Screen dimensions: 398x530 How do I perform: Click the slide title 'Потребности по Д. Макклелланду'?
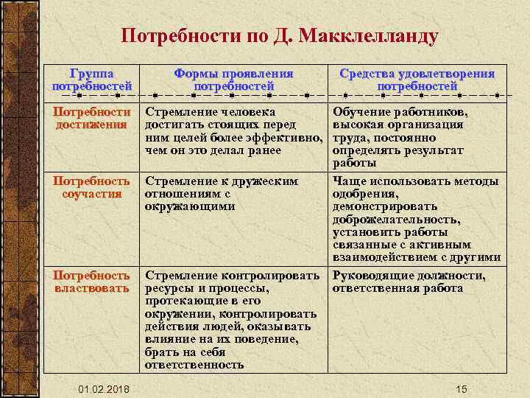pos(279,36)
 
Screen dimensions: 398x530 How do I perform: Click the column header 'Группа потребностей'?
pos(92,80)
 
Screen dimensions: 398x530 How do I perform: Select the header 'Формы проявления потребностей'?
pos(233,80)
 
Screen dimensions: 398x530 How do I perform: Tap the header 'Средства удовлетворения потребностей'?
pos(417,80)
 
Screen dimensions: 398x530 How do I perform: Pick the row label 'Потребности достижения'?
pos(91,119)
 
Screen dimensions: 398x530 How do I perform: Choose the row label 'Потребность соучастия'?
pos(91,187)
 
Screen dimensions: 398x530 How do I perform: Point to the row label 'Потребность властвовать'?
pos(91,282)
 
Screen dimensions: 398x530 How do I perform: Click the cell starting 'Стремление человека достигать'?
pos(233,131)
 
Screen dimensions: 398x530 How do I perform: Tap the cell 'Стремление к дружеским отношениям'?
pos(222,193)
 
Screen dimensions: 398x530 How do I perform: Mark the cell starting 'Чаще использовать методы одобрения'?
pos(416,219)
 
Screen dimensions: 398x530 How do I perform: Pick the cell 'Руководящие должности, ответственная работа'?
pos(409,282)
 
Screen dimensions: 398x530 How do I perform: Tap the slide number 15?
pos(462,389)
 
